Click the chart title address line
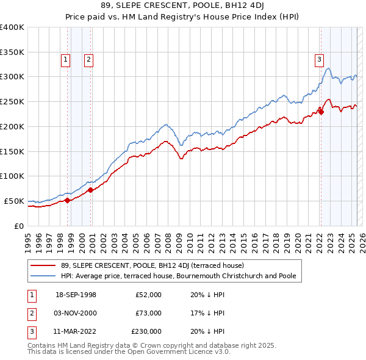pyautogui.click(x=183, y=7)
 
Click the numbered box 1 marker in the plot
pyautogui.click(x=65, y=59)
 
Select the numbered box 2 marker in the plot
pyautogui.click(x=88, y=59)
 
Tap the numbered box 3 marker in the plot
pyautogui.click(x=319, y=59)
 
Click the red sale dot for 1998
pyautogui.click(x=67, y=200)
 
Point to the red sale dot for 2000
pyautogui.click(x=90, y=190)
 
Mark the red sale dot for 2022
pyautogui.click(x=321, y=112)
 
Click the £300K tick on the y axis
pyautogui.click(x=12, y=77)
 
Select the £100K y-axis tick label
pyautogui.click(x=12, y=176)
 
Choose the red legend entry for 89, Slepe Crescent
pyautogui.click(x=152, y=265)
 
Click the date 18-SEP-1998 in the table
pyautogui.click(x=76, y=295)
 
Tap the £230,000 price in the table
pyautogui.click(x=146, y=331)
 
